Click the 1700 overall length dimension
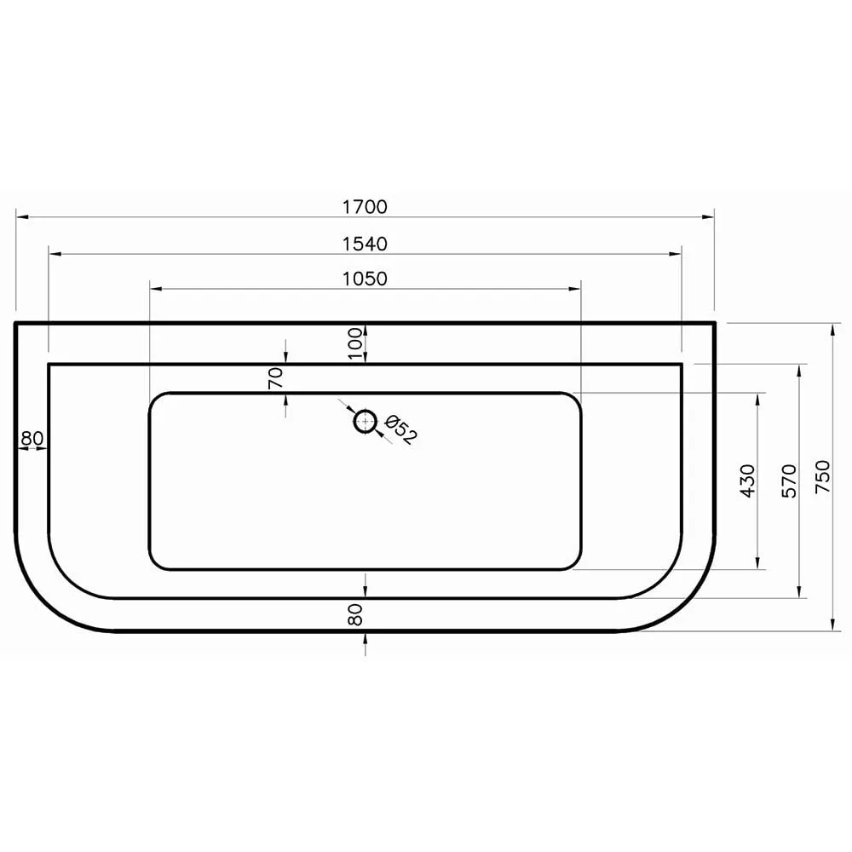pyautogui.click(x=365, y=207)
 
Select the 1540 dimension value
pyautogui.click(x=365, y=245)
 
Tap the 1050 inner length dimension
pyautogui.click(x=365, y=279)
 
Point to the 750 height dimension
pyautogui.click(x=821, y=478)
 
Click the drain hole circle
pyautogui.click(x=365, y=421)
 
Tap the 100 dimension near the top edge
pyautogui.click(x=356, y=343)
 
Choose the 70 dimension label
pyautogui.click(x=275, y=378)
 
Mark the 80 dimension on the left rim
pyautogui.click(x=32, y=439)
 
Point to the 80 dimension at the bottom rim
pyautogui.click(x=355, y=614)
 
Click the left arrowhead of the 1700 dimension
pyautogui.click(x=20, y=217)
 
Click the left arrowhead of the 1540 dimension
pyautogui.click(x=54, y=253)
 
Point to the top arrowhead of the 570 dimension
pyautogui.click(x=799, y=369)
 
